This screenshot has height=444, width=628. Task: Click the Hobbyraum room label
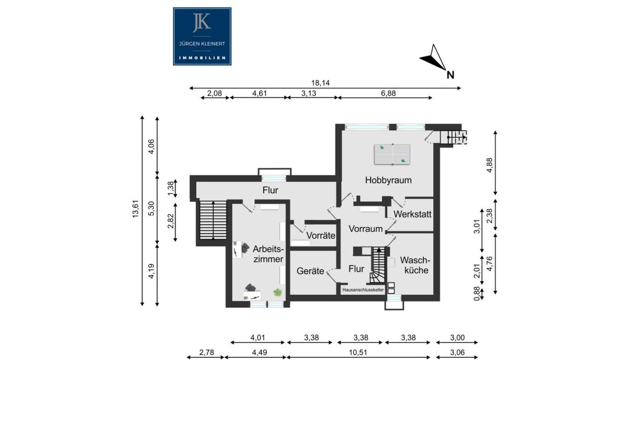click(388, 180)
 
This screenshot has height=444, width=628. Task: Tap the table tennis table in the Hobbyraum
click(392, 154)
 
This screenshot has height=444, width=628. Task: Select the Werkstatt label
click(412, 214)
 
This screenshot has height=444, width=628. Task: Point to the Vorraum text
click(366, 229)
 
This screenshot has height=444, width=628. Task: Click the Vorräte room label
click(321, 235)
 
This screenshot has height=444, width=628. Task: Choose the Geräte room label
click(310, 271)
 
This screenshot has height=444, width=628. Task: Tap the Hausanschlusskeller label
click(363, 290)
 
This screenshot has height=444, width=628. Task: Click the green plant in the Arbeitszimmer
click(277, 293)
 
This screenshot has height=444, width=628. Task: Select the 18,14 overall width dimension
click(320, 83)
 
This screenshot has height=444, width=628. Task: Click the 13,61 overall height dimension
click(136, 209)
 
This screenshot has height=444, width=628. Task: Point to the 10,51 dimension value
click(358, 352)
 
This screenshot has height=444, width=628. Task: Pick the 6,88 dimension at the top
click(388, 93)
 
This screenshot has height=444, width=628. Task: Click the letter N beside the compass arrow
click(450, 75)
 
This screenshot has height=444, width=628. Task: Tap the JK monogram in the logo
click(202, 22)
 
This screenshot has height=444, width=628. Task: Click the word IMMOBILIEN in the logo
click(202, 58)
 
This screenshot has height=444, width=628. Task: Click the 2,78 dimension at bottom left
click(207, 352)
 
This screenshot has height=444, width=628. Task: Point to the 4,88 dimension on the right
click(489, 165)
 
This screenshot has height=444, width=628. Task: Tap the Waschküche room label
click(415, 265)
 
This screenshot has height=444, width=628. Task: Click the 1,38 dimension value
click(171, 189)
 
